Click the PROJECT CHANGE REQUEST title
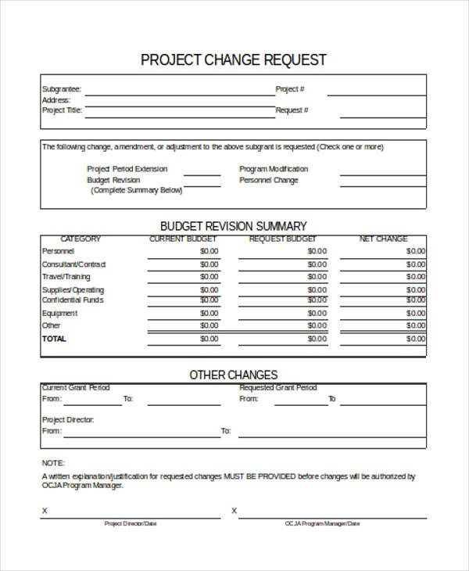[234, 60]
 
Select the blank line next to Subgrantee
[179, 92]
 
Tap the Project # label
[290, 89]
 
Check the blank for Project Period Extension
[202, 174]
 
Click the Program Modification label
[274, 169]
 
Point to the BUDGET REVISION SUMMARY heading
[234, 226]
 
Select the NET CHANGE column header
[383, 239]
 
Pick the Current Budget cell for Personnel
[209, 252]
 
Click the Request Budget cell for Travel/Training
[317, 277]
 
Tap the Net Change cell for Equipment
[415, 314]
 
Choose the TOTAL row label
[54, 339]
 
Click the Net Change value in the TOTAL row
[415, 339]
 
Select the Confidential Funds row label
[73, 300]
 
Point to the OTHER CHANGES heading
[234, 375]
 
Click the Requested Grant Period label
[277, 388]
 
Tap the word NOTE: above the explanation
[53, 463]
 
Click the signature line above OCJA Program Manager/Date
[332, 516]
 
